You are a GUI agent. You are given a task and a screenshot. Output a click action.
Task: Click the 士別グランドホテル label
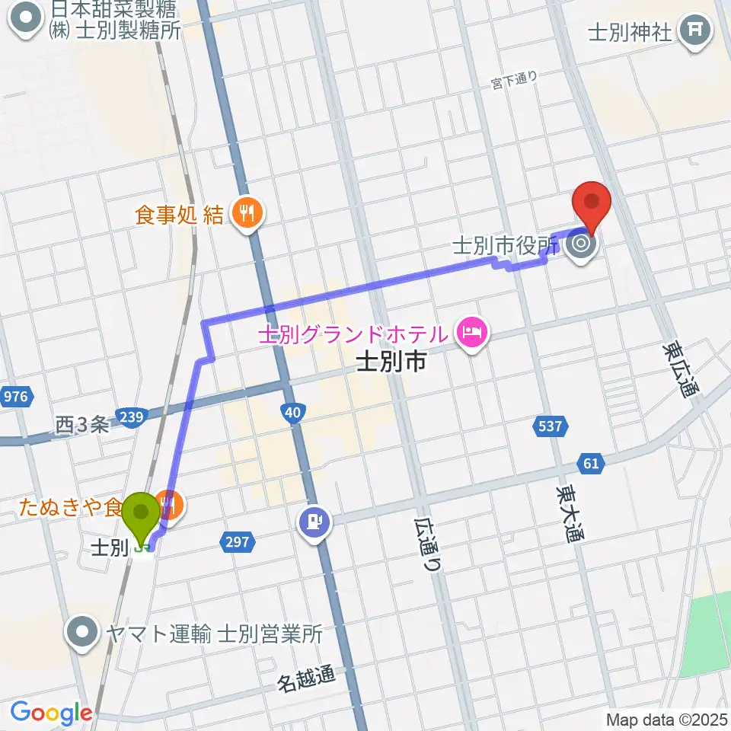click(352, 334)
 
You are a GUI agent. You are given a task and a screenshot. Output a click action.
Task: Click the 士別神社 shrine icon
click(696, 32)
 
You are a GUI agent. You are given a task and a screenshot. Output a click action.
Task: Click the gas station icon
click(314, 522)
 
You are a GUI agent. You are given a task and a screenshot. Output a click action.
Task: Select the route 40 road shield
click(294, 412)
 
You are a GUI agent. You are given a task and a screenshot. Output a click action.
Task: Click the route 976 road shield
click(15, 397)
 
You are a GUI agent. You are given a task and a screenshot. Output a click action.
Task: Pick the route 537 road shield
click(550, 427)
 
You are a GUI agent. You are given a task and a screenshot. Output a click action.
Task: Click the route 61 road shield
click(593, 461)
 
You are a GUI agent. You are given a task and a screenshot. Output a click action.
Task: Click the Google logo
click(51, 713)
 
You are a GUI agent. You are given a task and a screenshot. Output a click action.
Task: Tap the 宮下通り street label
click(515, 78)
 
